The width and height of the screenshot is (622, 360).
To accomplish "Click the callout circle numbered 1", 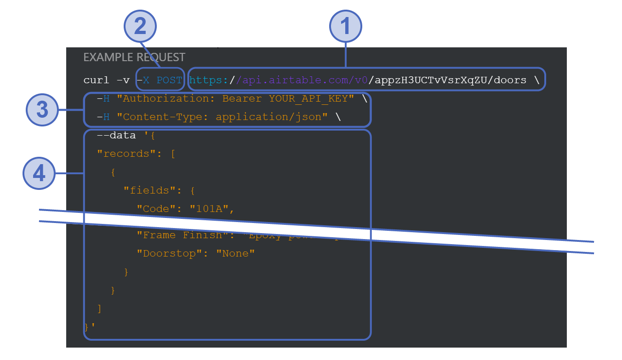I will [346, 25].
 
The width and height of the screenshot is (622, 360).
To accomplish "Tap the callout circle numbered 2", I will [140, 25].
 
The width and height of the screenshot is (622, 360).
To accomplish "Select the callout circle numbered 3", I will [42, 110].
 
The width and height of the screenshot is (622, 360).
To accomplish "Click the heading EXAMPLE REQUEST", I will [134, 57].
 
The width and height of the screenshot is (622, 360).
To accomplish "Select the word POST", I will [169, 80].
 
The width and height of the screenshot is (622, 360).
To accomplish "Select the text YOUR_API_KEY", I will [311, 98].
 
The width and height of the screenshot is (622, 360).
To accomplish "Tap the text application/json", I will [268, 117].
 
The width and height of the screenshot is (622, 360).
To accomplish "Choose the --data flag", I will [116, 135].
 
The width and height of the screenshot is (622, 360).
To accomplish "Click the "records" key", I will [123, 154].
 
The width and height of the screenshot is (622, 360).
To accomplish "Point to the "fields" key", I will [150, 190].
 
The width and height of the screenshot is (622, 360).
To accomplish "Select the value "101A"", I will [209, 209].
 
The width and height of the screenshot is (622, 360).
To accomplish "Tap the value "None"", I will [235, 253].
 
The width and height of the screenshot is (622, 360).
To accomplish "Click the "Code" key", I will [156, 209].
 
